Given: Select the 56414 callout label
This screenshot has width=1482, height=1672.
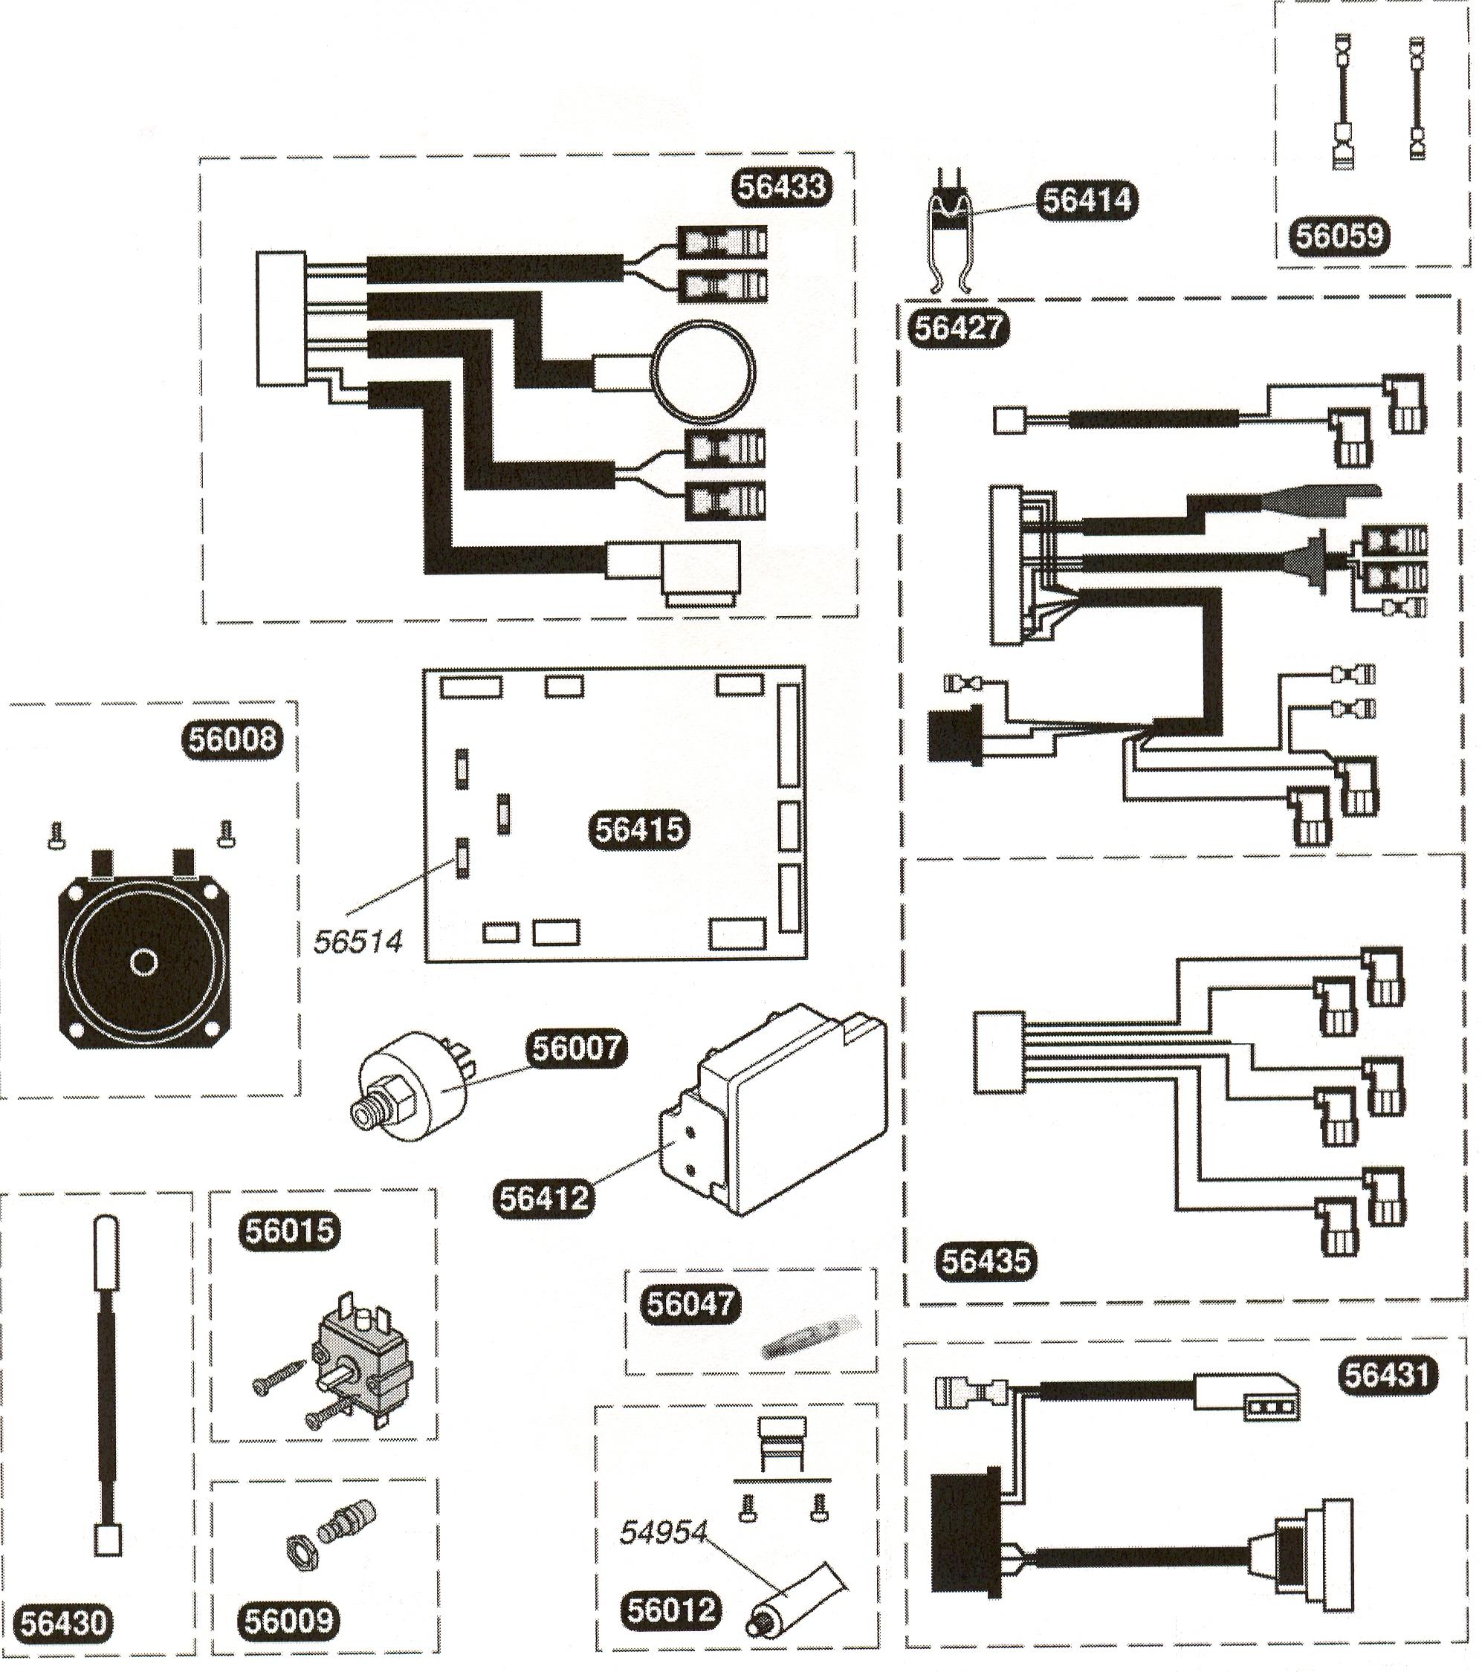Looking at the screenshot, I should pos(1086,200).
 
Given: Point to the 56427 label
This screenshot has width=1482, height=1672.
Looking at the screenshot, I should pos(958,328).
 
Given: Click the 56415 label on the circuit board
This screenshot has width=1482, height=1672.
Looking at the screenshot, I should pos(639,830).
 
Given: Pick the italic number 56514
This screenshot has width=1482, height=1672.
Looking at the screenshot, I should pos(358,942).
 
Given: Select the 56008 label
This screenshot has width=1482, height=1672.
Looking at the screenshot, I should pos(232,739).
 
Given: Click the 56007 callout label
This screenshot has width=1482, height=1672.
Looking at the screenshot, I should pos(575,1048).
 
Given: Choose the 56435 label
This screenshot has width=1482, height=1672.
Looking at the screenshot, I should pos(985,1260).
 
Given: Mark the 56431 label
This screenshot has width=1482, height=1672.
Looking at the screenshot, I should pos(1388,1375).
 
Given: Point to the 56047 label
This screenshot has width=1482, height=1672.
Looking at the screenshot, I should pos(691,1303).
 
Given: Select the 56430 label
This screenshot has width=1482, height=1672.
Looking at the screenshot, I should pos(64,1623).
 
